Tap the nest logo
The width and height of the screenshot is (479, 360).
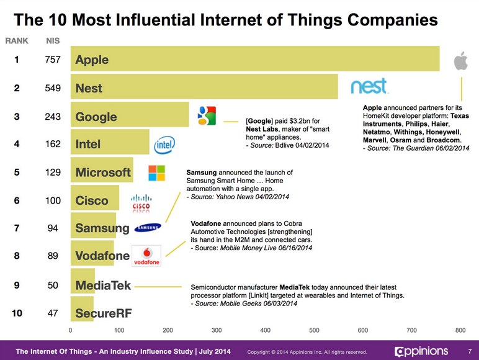369,87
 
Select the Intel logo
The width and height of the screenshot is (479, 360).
164,145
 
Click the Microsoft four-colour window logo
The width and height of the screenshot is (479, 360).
157,173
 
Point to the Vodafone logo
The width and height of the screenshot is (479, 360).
147,256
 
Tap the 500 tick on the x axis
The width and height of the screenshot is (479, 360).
314,330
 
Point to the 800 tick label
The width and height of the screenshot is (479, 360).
460,330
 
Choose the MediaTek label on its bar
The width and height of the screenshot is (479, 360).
103,286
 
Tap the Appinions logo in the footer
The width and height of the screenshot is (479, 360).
421,351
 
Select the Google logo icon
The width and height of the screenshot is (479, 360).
206,116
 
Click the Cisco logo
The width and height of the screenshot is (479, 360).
141,203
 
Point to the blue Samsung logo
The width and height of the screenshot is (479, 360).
148,227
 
